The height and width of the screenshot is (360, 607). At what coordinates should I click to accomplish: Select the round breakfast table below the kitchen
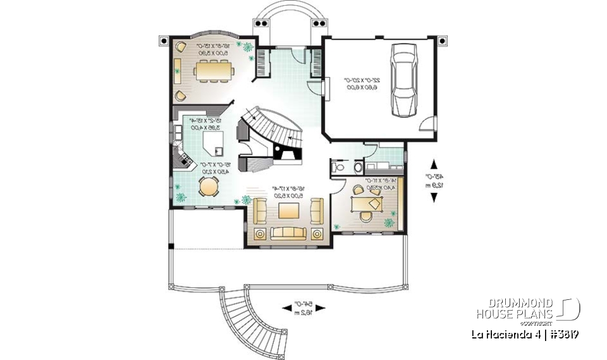pyautogui.click(x=208, y=187)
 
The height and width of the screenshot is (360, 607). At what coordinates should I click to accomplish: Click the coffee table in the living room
pyautogui.click(x=289, y=210)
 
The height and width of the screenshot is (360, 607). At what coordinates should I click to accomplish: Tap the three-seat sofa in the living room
pyautogui.click(x=288, y=232)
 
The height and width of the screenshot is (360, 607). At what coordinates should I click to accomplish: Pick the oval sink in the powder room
pyautogui.click(x=356, y=168)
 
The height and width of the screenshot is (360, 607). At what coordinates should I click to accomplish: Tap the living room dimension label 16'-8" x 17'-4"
pyautogui.click(x=288, y=192)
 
